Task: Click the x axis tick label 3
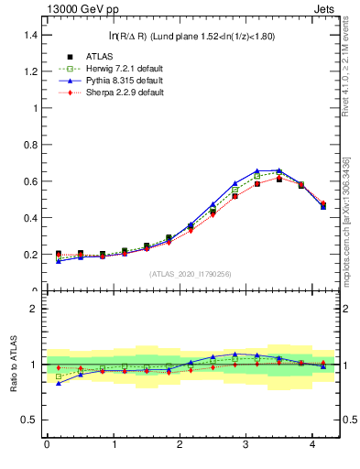(x=246, y=445)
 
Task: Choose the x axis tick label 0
(x=47, y=445)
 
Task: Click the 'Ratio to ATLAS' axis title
(x=12, y=365)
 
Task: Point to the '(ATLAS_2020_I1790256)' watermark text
(x=191, y=274)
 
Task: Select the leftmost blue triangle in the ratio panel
(x=59, y=383)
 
